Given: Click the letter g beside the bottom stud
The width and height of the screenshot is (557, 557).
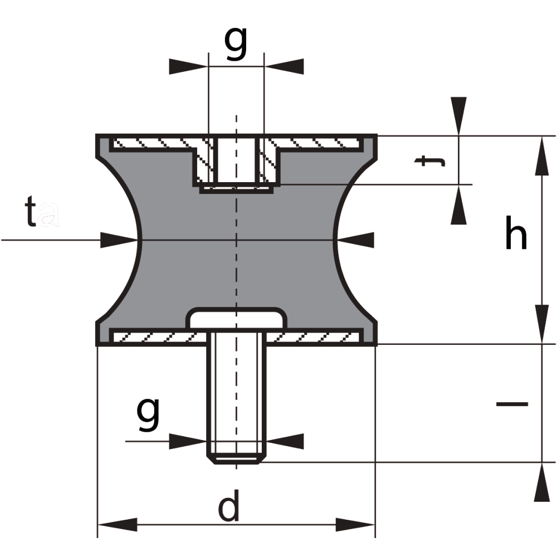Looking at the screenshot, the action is pos(148,414).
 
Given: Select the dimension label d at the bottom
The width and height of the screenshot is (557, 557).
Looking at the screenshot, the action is pos(228,506).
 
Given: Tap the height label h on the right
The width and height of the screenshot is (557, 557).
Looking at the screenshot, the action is pos(516,233).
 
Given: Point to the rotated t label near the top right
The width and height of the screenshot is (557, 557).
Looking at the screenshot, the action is pos(429,161).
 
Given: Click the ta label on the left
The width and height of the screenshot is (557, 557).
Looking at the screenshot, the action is pos(42,212).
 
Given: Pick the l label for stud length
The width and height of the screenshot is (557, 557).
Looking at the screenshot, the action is pos(512,404).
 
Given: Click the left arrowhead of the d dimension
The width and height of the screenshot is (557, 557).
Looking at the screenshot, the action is pos(117,525).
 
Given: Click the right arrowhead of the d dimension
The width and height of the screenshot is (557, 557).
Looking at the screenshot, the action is pos(355,525).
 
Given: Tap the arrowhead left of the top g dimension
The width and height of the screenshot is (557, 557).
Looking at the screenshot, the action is pos(188,66).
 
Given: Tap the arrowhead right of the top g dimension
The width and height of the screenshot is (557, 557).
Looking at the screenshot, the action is pos(284,66).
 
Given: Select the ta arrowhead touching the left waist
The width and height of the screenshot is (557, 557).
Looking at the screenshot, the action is pos(119,240).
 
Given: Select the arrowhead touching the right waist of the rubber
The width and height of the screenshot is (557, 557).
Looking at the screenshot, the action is pos(355,240).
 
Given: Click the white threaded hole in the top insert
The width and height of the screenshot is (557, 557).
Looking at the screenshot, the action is pos(236,160).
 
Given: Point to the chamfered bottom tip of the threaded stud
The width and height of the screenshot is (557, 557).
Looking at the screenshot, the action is pos(236,460).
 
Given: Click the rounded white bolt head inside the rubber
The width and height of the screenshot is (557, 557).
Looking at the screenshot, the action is pos(236,319).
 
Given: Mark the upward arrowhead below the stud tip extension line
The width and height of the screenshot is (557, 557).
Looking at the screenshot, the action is pos(542,482).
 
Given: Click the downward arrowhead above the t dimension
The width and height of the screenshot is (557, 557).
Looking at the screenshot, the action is pos(458,116).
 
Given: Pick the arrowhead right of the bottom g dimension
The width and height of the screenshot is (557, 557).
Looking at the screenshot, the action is pos(285,442).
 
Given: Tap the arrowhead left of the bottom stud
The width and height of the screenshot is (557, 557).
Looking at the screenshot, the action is pos(188,442).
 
